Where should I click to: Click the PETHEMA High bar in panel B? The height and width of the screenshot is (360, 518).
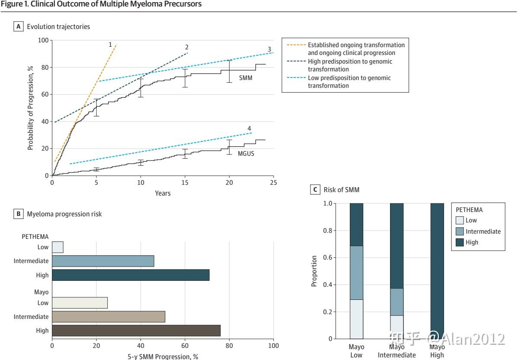131,275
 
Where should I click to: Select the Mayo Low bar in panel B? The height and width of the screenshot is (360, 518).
80,303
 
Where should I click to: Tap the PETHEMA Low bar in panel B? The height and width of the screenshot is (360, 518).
58,247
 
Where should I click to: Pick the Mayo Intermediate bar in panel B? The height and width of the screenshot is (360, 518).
109,317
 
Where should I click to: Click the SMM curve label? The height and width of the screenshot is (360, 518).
246,78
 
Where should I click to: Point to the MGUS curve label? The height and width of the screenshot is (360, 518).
246,154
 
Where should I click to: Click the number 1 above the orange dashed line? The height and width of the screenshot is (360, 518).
110,45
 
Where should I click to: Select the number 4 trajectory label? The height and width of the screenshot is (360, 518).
249,129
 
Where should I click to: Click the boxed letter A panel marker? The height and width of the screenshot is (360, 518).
19,27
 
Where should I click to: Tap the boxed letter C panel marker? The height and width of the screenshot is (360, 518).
315,190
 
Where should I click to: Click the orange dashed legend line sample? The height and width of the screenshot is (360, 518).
296,45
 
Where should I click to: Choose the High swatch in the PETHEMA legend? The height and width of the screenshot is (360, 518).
460,242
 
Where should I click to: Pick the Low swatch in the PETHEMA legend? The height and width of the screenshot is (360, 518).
460,220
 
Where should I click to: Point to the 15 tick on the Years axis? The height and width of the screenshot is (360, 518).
185,183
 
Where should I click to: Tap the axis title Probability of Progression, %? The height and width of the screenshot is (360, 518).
30,108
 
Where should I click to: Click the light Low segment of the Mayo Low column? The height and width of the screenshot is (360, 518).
356,319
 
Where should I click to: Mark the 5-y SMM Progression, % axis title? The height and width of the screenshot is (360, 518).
163,357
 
